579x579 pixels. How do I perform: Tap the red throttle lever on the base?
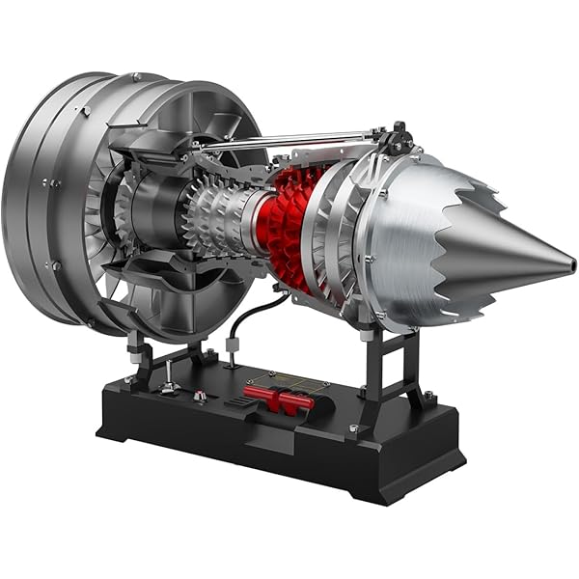click(279, 394)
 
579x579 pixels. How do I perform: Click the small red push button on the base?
click(200, 395)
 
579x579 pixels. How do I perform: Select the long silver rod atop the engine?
click(289, 138)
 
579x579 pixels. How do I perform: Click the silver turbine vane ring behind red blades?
click(333, 236)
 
